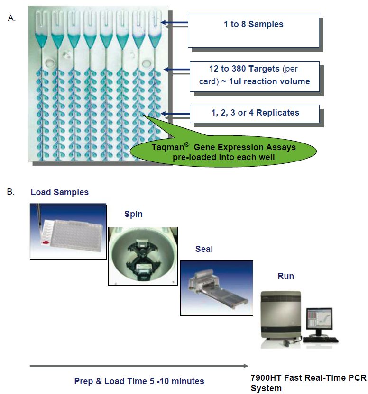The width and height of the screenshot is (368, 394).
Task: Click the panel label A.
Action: click(x=11, y=18)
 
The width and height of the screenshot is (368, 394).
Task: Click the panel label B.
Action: click(x=11, y=192)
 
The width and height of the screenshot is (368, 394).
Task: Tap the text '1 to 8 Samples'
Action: click(x=253, y=24)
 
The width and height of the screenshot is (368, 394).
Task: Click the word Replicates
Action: click(x=277, y=113)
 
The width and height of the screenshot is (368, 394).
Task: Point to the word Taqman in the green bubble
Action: click(x=168, y=147)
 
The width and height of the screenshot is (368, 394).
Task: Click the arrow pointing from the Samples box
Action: click(x=174, y=23)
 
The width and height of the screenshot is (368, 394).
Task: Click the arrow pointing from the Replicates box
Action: click(x=175, y=114)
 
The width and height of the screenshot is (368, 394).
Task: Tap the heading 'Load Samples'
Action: click(x=60, y=192)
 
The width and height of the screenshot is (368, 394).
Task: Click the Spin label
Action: click(x=133, y=214)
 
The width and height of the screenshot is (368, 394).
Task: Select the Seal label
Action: click(x=204, y=249)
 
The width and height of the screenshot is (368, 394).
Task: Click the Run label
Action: click(x=285, y=276)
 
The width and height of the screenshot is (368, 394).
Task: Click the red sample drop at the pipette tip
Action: click(x=46, y=242)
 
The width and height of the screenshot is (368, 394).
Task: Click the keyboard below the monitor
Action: click(x=321, y=340)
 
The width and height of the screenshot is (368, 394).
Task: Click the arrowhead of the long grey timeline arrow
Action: click(x=246, y=366)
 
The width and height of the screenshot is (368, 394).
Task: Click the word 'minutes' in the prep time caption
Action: click(x=188, y=381)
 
